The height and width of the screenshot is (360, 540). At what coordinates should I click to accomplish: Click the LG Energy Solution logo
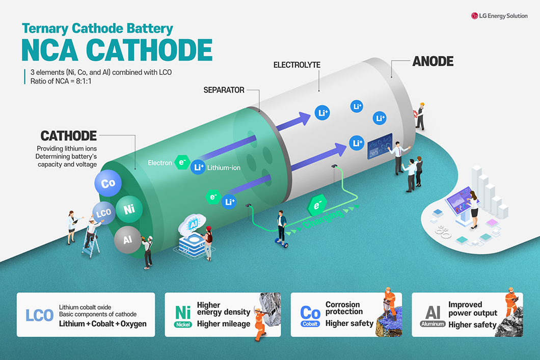click(x=499, y=16)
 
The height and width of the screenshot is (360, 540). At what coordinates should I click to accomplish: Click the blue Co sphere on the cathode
click(x=108, y=183)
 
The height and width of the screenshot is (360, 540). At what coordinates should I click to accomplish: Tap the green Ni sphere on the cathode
click(x=129, y=209)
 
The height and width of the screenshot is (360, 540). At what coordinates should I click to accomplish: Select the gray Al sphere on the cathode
click(x=128, y=239)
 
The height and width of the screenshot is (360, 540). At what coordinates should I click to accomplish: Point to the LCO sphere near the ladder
click(x=103, y=213)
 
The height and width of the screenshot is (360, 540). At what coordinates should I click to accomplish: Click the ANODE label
click(x=433, y=61)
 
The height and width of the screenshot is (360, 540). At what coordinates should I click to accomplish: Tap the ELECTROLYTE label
click(x=297, y=65)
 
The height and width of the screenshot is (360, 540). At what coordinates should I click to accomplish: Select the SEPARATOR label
click(x=224, y=90)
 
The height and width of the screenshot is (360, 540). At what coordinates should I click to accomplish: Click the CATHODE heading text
click(x=69, y=136)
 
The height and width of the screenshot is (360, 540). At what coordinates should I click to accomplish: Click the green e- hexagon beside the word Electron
click(x=182, y=162)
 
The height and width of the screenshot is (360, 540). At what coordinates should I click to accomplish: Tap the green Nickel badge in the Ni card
click(x=183, y=324)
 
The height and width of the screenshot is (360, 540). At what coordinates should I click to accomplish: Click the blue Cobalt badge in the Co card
click(x=310, y=324)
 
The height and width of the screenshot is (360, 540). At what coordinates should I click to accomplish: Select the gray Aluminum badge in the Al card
click(x=433, y=324)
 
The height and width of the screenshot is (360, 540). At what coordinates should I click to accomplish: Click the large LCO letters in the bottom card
click(x=40, y=315)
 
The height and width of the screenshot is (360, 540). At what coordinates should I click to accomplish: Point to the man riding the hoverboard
click(x=282, y=227)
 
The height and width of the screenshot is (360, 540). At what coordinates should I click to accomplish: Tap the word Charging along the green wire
click(x=323, y=219)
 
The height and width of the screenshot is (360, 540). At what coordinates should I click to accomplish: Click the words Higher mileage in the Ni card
click(x=224, y=324)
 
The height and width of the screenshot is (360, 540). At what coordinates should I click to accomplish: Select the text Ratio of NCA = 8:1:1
click(x=61, y=81)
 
